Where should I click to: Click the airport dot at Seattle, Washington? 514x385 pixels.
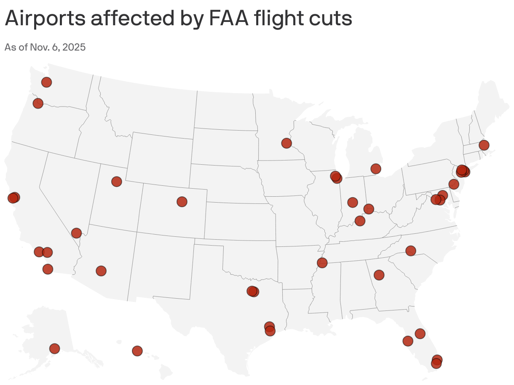46,82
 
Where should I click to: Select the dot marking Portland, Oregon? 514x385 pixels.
38,103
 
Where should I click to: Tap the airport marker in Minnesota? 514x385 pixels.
286,143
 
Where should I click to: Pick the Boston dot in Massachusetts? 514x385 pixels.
484,145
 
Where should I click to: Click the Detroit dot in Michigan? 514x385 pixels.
376,169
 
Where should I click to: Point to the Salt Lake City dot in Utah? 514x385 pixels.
117,182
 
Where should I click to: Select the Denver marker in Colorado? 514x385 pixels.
182,202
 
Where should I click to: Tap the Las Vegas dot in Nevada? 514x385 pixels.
76,233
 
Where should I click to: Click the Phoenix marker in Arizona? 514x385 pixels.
101,271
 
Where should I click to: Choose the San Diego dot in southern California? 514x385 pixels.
48,269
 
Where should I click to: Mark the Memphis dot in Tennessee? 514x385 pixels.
322,263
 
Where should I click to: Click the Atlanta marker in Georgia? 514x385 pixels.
379,275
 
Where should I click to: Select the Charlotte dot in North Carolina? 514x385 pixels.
411,251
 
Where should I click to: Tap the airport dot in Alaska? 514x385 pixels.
54,348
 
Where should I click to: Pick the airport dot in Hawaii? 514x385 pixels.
137,351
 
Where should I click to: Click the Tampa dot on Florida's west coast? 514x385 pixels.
408,341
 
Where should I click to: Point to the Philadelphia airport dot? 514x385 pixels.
453,184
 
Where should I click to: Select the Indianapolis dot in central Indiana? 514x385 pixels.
353,203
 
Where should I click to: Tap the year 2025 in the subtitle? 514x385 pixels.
75,47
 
